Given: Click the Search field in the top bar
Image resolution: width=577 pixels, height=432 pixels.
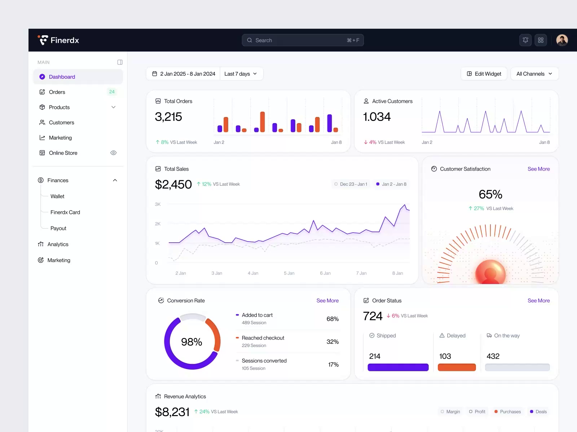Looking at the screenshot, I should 302,40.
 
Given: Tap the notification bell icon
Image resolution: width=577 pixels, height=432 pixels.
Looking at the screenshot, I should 525,40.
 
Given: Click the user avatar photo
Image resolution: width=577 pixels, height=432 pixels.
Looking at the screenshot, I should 561,40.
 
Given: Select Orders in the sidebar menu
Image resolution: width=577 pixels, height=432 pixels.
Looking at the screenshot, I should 57,92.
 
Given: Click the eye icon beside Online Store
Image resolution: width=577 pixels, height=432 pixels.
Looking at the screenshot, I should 113,153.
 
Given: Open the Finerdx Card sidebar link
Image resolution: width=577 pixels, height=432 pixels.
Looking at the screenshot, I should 65,212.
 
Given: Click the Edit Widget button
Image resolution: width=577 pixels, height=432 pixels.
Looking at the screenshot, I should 484,74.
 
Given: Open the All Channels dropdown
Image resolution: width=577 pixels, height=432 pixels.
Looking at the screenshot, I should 534,74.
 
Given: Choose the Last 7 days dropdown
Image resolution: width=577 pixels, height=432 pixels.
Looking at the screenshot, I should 241,74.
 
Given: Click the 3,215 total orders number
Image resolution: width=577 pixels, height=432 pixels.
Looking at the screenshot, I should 168,117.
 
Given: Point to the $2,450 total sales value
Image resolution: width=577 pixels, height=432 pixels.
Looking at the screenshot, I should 173,184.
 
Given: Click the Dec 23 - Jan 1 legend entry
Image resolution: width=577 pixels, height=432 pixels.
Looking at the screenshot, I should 351,184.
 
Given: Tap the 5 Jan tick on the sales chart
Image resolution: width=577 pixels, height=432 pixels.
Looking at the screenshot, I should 289,273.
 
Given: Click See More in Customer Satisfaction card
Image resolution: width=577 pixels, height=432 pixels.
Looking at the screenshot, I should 538,169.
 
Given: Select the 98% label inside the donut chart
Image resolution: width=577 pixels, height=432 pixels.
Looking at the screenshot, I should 191,342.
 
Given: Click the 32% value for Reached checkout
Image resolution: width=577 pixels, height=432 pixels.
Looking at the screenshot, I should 332,342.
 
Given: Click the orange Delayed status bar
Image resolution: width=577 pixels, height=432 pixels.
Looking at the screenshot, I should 457,368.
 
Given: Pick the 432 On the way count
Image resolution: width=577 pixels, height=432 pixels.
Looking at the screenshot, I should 493,356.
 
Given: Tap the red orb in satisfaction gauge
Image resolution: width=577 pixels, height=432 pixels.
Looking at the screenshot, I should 490,272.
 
